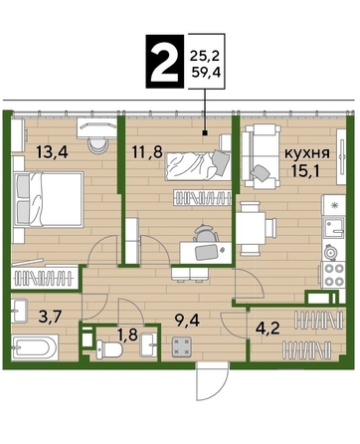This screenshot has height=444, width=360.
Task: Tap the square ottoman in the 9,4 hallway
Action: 182,347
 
